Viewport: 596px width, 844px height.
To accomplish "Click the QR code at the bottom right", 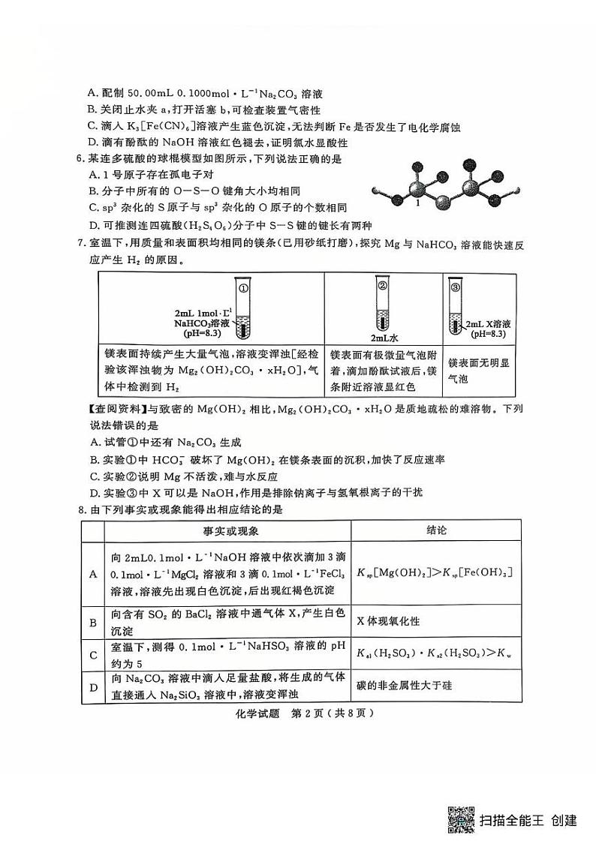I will pyautogui.click(x=460, y=820).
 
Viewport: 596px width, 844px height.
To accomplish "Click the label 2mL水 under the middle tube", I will pyautogui.click(x=383, y=338).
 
